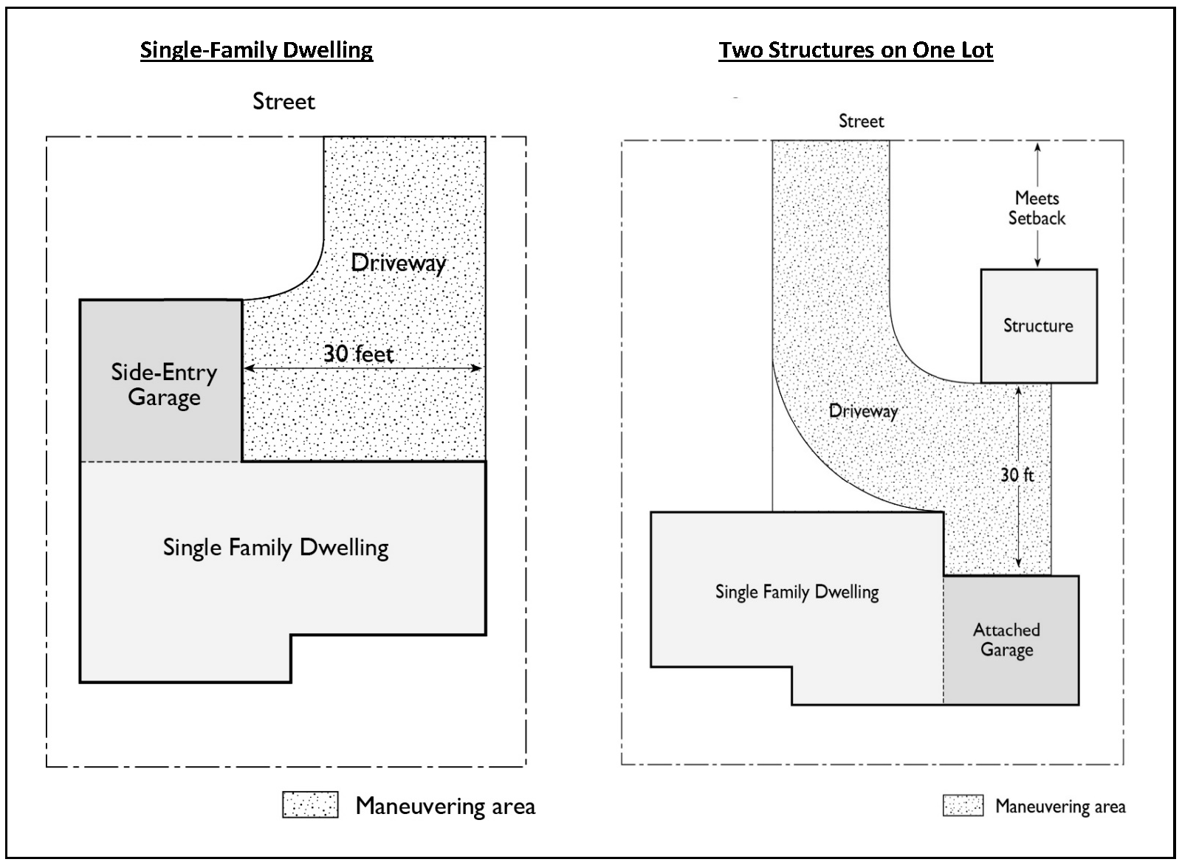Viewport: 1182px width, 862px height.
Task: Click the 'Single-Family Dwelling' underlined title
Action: point(256,51)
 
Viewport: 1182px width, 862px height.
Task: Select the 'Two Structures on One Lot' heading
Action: point(856,50)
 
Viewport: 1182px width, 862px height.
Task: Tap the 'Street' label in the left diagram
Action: point(284,101)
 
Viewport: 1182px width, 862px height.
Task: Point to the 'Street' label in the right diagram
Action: point(861,121)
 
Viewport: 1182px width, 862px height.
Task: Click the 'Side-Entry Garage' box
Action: point(161,381)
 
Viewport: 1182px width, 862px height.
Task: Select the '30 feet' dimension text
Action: point(358,354)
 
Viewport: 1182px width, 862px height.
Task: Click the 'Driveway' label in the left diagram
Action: point(399,263)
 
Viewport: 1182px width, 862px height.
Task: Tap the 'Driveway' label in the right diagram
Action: point(863,411)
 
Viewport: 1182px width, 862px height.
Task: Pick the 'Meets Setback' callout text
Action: point(1037,208)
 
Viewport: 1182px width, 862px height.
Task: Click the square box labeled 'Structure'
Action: point(1039,326)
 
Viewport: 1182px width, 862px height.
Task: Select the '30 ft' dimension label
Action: point(1017,475)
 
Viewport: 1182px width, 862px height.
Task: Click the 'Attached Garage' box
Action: point(1011,640)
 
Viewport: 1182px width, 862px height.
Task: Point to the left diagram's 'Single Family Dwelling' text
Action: point(275,548)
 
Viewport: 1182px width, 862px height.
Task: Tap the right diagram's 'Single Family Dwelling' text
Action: point(797,592)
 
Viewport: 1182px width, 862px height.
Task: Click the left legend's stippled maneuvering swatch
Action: point(310,804)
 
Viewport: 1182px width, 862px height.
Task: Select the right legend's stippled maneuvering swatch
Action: point(963,806)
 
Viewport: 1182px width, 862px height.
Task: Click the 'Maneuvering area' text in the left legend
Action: point(445,806)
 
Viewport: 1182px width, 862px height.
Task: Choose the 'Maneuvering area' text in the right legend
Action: point(1060,807)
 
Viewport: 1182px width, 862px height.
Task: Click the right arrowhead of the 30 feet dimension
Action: point(476,368)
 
